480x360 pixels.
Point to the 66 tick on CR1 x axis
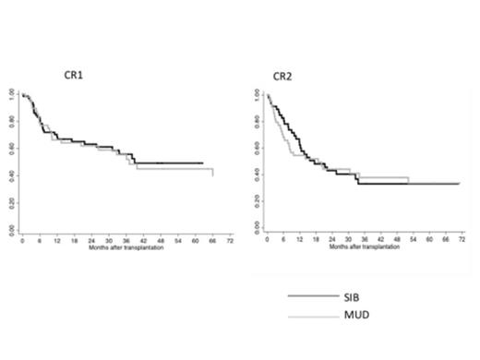pyautogui.click(x=212, y=240)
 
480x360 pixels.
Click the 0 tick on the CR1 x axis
pyautogui.click(x=22, y=240)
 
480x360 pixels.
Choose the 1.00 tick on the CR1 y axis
pyautogui.click(x=11, y=93)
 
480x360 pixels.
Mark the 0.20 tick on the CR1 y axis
pyautogui.click(x=11, y=201)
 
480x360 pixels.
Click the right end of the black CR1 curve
pyautogui.click(x=202, y=162)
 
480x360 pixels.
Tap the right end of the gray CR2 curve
pyautogui.click(x=459, y=184)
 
